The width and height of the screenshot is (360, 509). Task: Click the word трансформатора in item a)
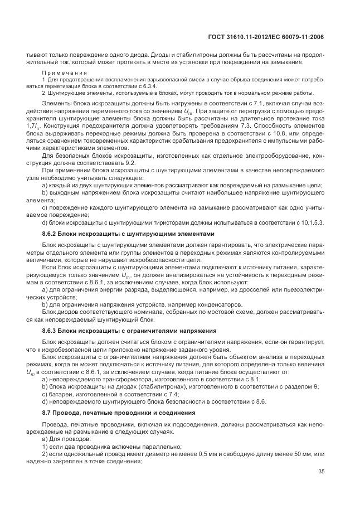[x=110, y=379]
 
